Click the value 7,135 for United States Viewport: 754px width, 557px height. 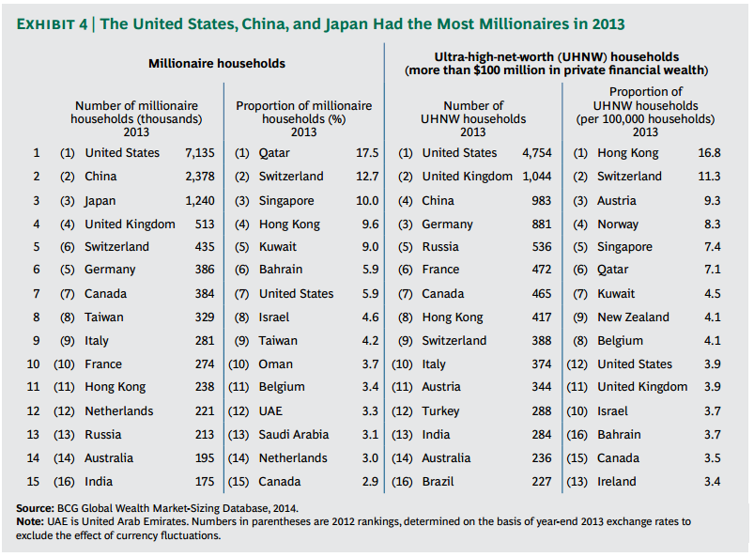click(x=200, y=152)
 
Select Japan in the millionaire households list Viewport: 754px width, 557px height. click(x=100, y=200)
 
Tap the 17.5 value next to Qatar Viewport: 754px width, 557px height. click(x=367, y=152)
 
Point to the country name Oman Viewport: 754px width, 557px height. click(x=275, y=364)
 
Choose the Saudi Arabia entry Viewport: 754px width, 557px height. click(x=294, y=434)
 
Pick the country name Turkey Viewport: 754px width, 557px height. click(x=441, y=410)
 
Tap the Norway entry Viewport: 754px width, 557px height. click(x=618, y=224)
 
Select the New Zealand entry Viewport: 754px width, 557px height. click(x=633, y=317)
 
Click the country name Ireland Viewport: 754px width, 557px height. click(x=616, y=481)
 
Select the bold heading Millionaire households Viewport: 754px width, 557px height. click(x=217, y=64)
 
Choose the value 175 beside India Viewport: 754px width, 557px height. click(x=204, y=481)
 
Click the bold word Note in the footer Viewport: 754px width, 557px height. click(x=30, y=521)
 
